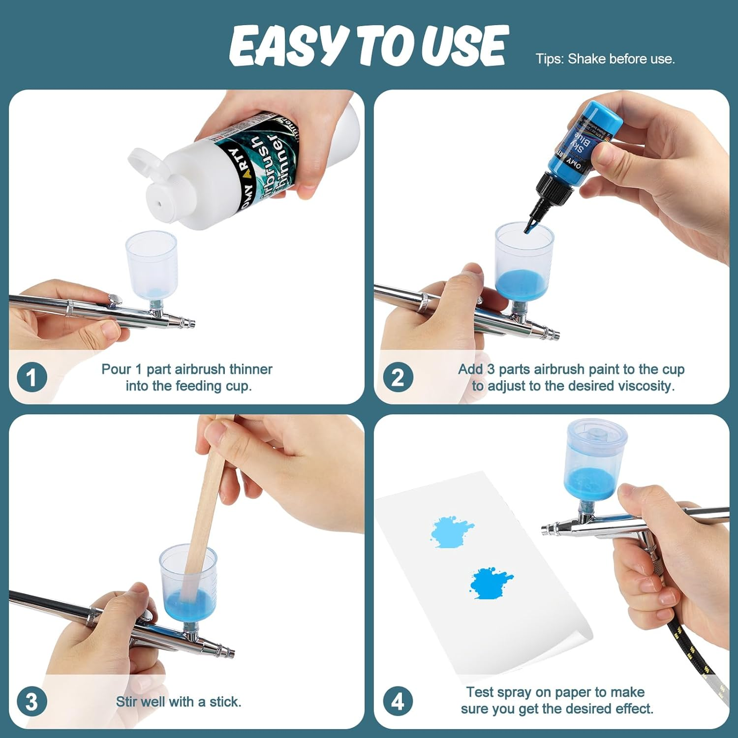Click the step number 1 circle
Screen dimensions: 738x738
click(x=31, y=377)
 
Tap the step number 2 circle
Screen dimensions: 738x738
click(x=398, y=377)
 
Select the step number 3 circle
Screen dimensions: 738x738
click(x=31, y=702)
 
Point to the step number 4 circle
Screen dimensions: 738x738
click(x=398, y=702)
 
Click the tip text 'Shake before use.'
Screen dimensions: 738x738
click(x=621, y=59)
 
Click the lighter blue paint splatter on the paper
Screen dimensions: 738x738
click(x=451, y=532)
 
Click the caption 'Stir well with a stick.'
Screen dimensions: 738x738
click(x=178, y=702)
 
